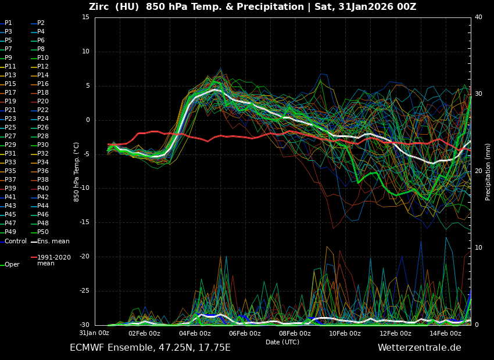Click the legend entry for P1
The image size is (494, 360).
(x=8, y=23)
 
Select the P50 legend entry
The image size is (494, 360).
(x=42, y=232)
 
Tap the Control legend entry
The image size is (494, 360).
(x=16, y=241)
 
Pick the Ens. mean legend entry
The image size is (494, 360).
(x=53, y=241)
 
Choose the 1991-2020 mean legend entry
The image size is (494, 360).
(x=53, y=260)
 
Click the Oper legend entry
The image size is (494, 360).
(x=12, y=265)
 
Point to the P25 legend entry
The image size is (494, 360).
(x=10, y=128)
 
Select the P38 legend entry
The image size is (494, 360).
(x=42, y=180)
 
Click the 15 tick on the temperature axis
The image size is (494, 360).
(x=85, y=17)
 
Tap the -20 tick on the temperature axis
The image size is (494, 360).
(x=84, y=257)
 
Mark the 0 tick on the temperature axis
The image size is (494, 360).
(x=87, y=120)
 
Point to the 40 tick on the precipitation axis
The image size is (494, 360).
(x=478, y=17)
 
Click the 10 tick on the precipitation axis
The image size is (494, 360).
(x=478, y=248)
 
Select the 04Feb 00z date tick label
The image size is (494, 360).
(x=195, y=333)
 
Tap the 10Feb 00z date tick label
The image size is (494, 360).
(x=345, y=333)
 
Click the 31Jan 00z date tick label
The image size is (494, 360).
(x=94, y=333)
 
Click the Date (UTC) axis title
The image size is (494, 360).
(x=282, y=342)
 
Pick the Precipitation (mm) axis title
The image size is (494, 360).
(x=488, y=172)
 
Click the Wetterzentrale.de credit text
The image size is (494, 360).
(x=419, y=348)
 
